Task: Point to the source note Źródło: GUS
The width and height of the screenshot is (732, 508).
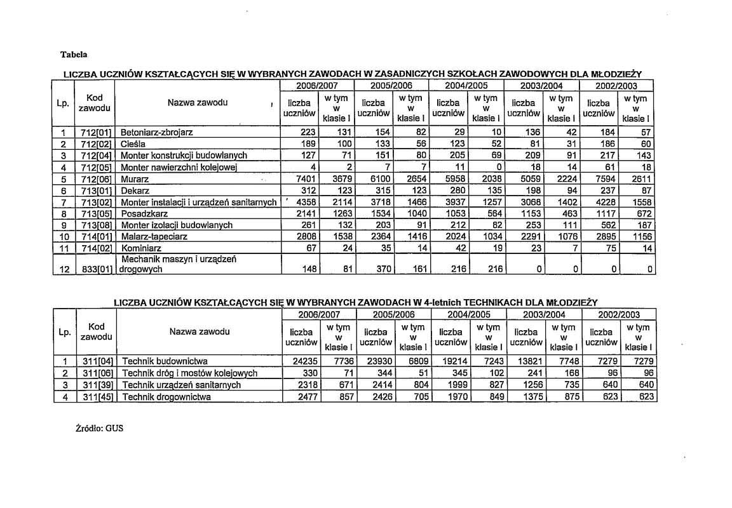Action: [99, 428]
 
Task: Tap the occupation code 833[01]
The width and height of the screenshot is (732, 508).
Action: [97, 269]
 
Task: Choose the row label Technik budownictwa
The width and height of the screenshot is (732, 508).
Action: [165, 362]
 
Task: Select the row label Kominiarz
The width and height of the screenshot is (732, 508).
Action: [139, 248]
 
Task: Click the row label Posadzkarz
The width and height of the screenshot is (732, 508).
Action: [142, 214]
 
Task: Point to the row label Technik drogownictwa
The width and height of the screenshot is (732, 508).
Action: [166, 397]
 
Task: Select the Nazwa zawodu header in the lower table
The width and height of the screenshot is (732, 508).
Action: [200, 331]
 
